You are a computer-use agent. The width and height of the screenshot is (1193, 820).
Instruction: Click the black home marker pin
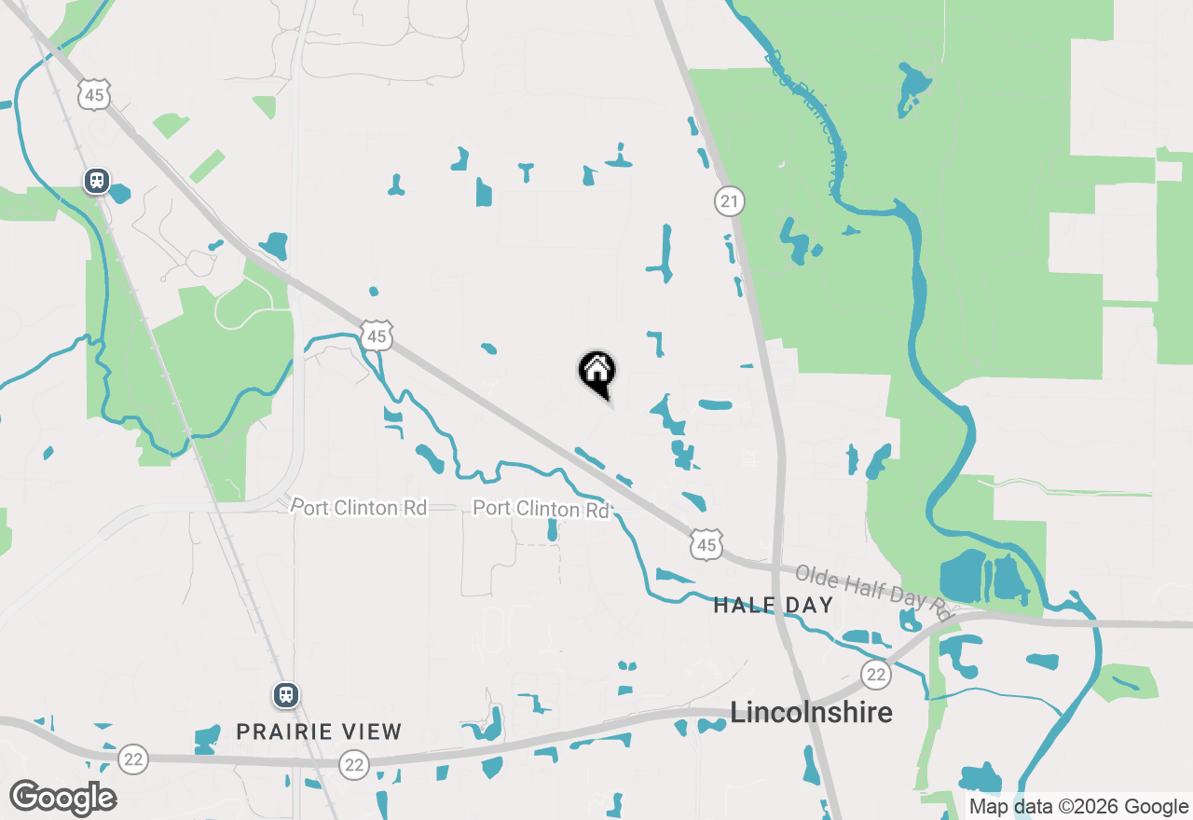pyautogui.click(x=597, y=372)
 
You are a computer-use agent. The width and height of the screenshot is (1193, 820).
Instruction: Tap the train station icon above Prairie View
pyautogui.click(x=286, y=695)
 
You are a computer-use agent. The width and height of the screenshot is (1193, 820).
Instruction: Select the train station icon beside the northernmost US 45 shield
pyautogui.click(x=96, y=180)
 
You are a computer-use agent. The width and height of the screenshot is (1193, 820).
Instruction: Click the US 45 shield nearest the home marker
pyautogui.click(x=377, y=335)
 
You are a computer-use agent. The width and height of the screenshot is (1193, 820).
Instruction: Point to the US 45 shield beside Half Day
pyautogui.click(x=706, y=544)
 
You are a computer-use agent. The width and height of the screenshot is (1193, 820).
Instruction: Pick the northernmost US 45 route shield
pyautogui.click(x=95, y=94)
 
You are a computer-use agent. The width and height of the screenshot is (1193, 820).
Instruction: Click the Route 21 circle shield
pyautogui.click(x=730, y=200)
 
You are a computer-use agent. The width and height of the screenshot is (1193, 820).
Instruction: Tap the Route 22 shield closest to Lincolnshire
pyautogui.click(x=874, y=674)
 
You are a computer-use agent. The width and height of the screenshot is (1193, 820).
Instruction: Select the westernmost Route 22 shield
pyautogui.click(x=133, y=759)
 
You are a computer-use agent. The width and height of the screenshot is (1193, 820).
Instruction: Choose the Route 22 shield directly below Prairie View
pyautogui.click(x=353, y=765)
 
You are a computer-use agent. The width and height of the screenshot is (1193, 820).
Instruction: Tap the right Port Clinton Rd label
pyautogui.click(x=541, y=509)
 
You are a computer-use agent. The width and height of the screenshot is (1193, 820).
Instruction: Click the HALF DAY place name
pyautogui.click(x=773, y=606)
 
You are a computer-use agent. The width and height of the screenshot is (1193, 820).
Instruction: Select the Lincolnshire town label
pyautogui.click(x=811, y=713)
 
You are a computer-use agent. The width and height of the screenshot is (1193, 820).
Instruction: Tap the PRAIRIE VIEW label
pyautogui.click(x=319, y=731)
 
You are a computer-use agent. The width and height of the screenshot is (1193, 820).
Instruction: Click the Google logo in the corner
pyautogui.click(x=62, y=799)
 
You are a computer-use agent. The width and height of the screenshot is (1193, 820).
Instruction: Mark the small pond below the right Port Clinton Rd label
pyautogui.click(x=552, y=531)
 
